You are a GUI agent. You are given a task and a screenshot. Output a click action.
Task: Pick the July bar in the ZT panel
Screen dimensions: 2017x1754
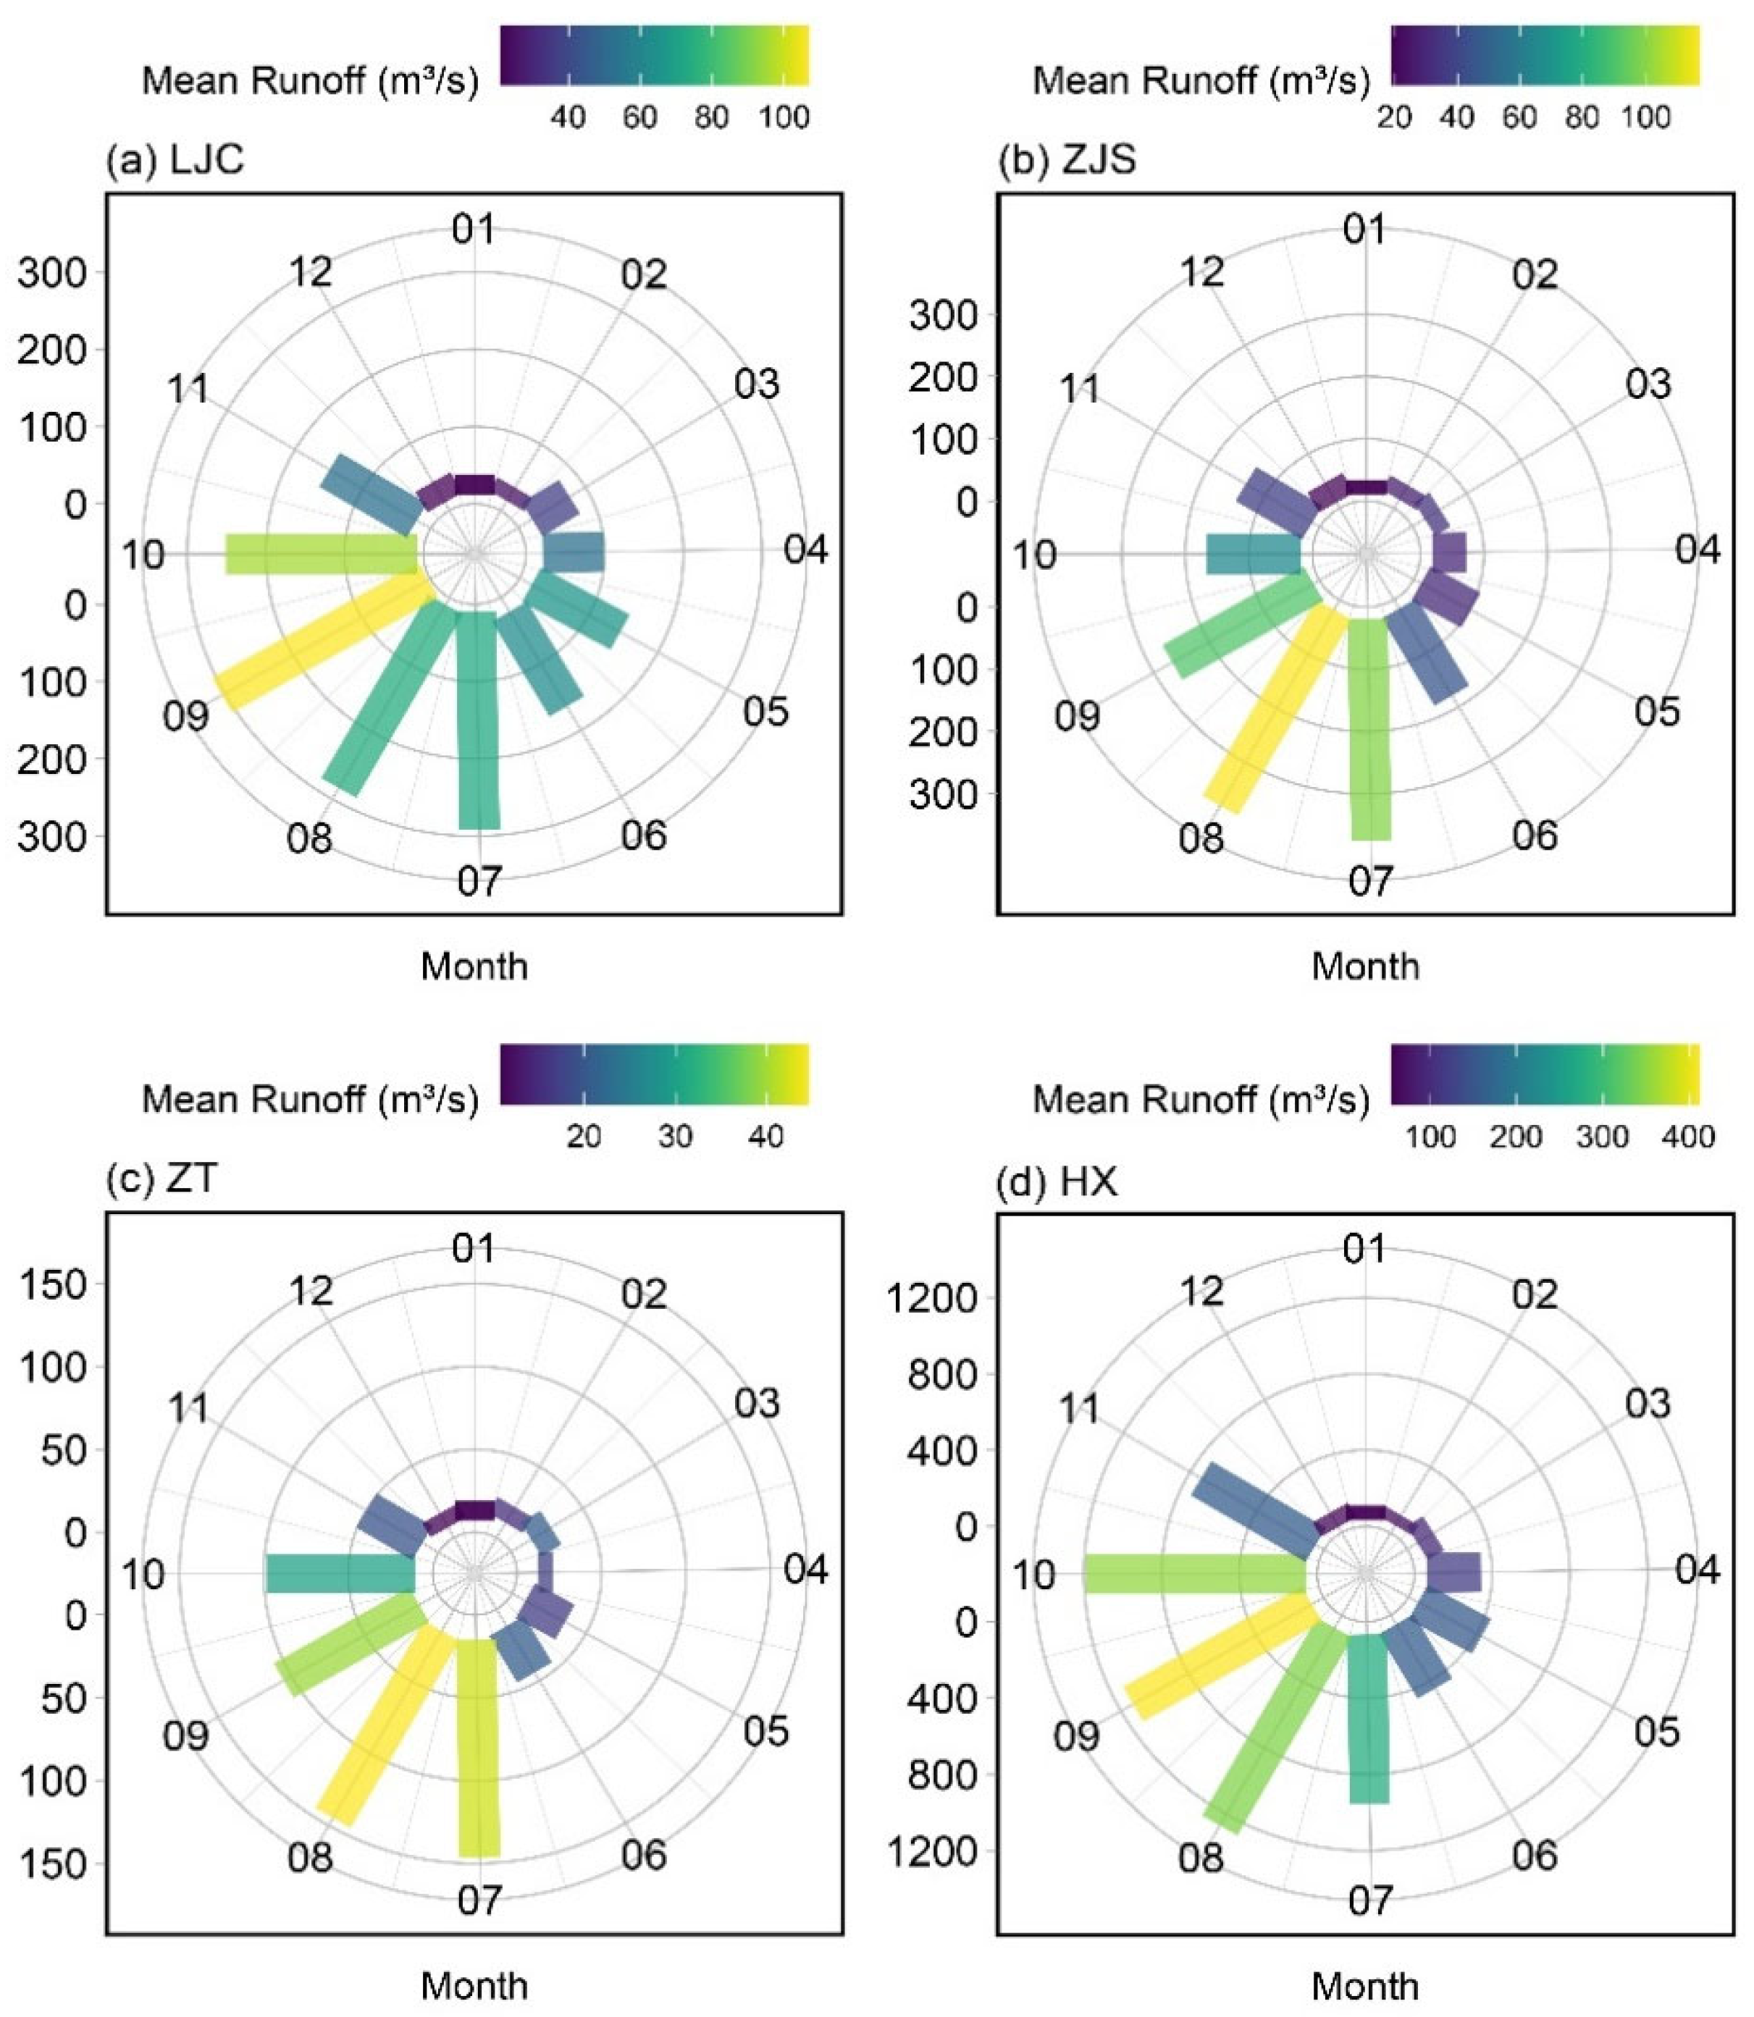click(479, 1748)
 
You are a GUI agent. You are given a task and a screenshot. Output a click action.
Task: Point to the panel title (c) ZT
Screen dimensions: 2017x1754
click(161, 1179)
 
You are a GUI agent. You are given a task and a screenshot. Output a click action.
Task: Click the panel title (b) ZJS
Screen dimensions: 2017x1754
click(1067, 159)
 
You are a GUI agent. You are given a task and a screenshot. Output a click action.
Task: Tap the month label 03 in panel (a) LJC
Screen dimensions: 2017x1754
click(757, 384)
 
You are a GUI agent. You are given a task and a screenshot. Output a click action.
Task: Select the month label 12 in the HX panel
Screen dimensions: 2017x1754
click(1202, 1292)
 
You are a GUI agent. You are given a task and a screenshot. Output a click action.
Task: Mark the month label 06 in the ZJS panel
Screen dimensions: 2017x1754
click(1534, 835)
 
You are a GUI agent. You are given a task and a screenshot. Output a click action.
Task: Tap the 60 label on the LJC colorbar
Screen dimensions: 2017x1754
click(639, 117)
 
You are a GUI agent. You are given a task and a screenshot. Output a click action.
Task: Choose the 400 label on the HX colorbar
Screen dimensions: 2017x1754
click(1688, 1136)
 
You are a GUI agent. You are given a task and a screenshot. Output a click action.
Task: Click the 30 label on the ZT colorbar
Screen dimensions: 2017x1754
click(676, 1136)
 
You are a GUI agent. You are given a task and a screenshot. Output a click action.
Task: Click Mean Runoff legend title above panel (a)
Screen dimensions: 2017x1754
click(310, 80)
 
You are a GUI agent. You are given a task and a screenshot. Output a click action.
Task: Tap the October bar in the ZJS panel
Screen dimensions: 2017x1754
click(1254, 554)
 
